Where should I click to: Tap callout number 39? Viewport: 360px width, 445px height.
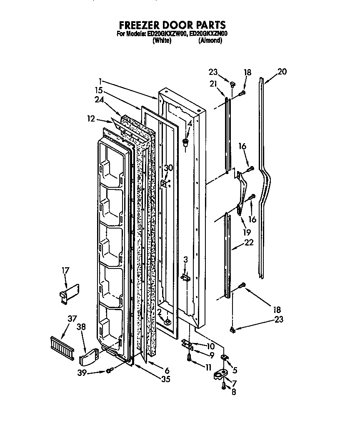tap(82, 373)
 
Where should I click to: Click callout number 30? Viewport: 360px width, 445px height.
tap(168, 168)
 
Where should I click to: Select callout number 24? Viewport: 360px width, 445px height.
tap(99, 100)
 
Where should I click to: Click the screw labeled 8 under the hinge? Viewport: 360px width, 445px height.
tap(224, 387)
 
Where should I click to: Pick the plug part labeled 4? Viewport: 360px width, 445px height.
tap(186, 143)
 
